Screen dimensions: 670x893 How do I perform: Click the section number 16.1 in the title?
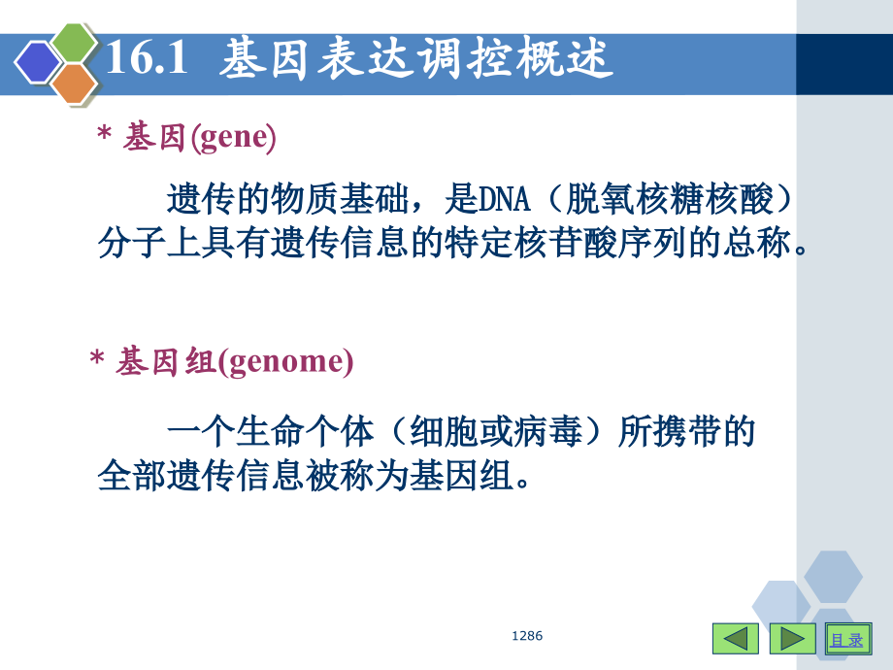pos(145,59)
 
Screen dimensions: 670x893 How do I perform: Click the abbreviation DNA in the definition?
pos(503,201)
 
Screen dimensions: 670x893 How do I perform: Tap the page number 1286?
pos(527,636)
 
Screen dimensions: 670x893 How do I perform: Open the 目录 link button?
pos(846,639)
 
